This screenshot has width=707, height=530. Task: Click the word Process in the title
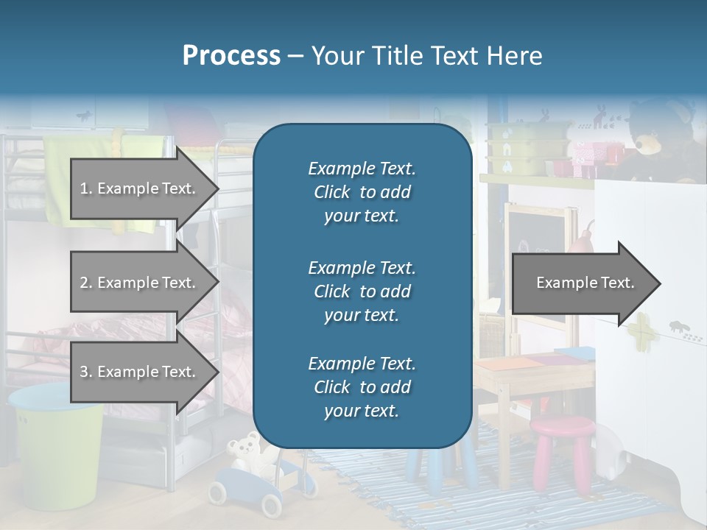[x=231, y=55]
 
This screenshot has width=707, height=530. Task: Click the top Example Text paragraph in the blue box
[x=362, y=192]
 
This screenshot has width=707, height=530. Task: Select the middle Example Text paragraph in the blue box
[x=362, y=291]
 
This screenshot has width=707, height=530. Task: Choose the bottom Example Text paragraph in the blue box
[x=362, y=387]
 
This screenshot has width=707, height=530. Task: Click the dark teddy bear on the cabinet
[x=659, y=140]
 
